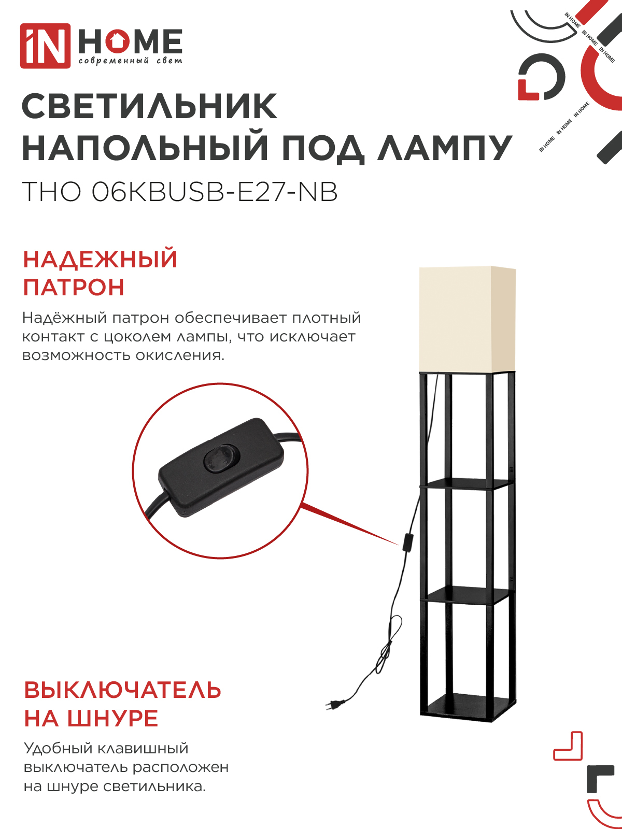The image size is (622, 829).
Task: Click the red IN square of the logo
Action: pyautogui.click(x=45, y=46)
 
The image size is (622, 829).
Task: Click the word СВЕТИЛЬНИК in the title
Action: pyautogui.click(x=150, y=107)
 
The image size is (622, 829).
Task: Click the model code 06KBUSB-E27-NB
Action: pyautogui.click(x=215, y=192)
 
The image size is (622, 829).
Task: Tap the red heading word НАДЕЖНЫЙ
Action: pyautogui.click(x=101, y=260)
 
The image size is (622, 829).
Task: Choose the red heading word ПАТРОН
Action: pyautogui.click(x=74, y=288)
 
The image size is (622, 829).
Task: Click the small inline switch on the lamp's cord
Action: pyautogui.click(x=408, y=544)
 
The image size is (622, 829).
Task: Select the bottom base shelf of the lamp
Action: pyautogui.click(x=468, y=709)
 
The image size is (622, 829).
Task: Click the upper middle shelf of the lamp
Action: pyautogui.click(x=467, y=484)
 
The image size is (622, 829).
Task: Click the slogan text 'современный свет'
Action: pyautogui.click(x=130, y=61)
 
